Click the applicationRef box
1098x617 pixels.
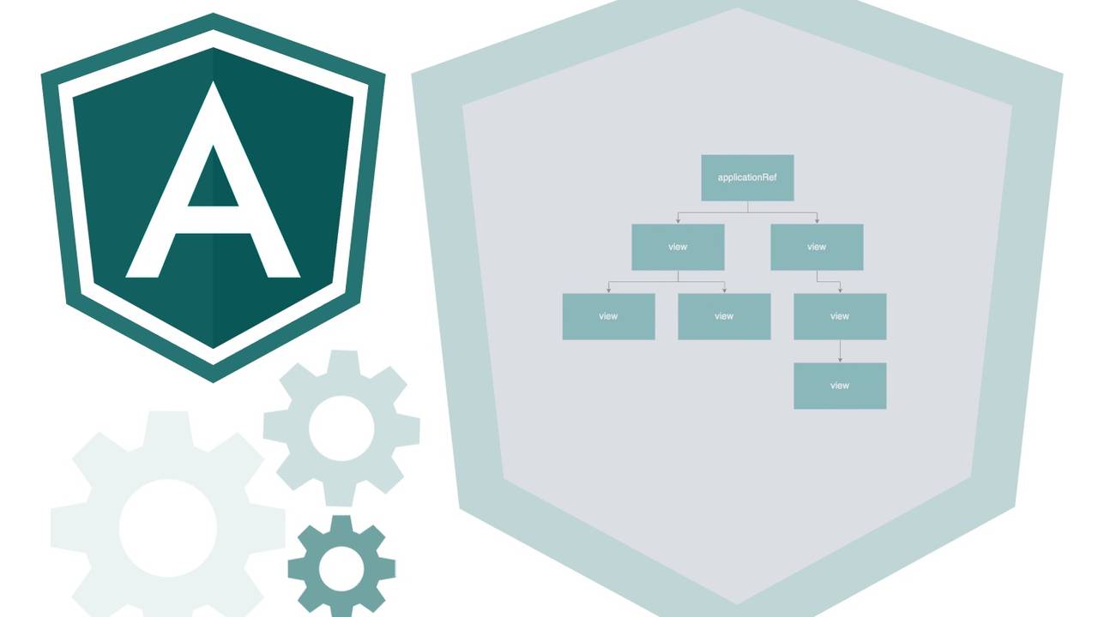(x=747, y=177)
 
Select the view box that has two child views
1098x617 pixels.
(x=678, y=247)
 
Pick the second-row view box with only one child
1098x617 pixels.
(x=817, y=247)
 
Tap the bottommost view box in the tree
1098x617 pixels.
(x=840, y=386)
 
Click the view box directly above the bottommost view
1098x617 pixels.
(x=840, y=316)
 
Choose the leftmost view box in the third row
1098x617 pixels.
(x=608, y=316)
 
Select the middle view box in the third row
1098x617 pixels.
(x=724, y=316)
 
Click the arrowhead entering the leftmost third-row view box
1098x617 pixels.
(x=608, y=290)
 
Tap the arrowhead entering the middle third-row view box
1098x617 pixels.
(x=724, y=290)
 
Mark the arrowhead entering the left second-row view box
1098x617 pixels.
(x=678, y=220)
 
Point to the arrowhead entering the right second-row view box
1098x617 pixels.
(x=817, y=220)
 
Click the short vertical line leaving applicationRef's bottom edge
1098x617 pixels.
(x=747, y=207)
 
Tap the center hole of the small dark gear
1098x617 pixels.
(x=341, y=567)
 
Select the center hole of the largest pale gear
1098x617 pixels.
(x=168, y=528)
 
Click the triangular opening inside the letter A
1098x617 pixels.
(x=213, y=180)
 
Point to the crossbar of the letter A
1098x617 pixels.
(x=213, y=219)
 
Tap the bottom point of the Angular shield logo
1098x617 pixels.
(x=213, y=380)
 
